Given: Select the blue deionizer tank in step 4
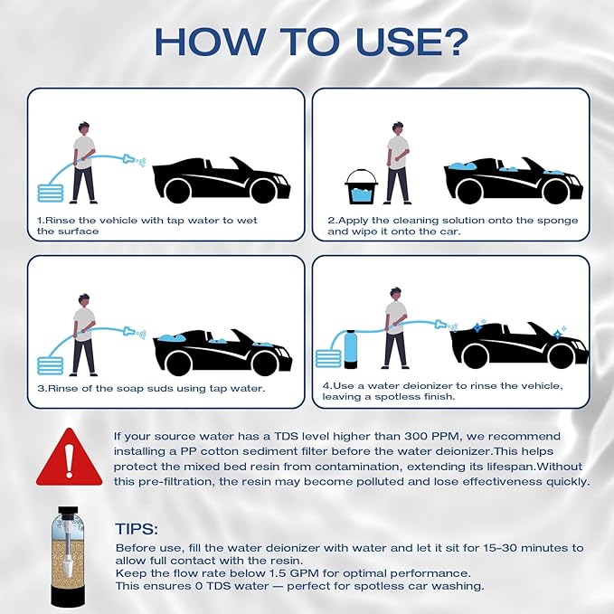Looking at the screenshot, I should coord(346,343).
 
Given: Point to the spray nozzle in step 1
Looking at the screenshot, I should coord(132,160).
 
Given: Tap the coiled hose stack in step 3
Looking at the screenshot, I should coord(51,364).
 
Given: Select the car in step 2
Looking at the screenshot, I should coord(511,181).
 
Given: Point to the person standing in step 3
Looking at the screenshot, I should coord(84,335).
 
